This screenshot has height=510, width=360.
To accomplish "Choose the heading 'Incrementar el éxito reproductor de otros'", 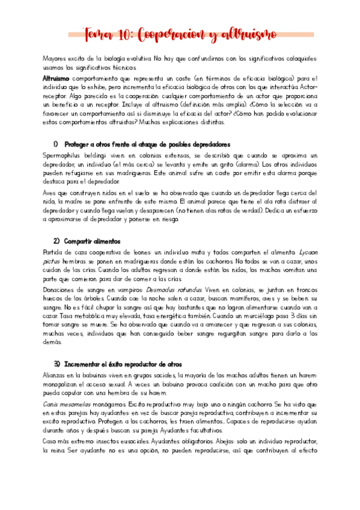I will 123,364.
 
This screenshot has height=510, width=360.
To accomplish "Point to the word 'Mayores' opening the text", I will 55,59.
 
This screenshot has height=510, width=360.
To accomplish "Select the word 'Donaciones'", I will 62,289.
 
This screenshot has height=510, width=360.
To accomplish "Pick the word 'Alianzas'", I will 56,375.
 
